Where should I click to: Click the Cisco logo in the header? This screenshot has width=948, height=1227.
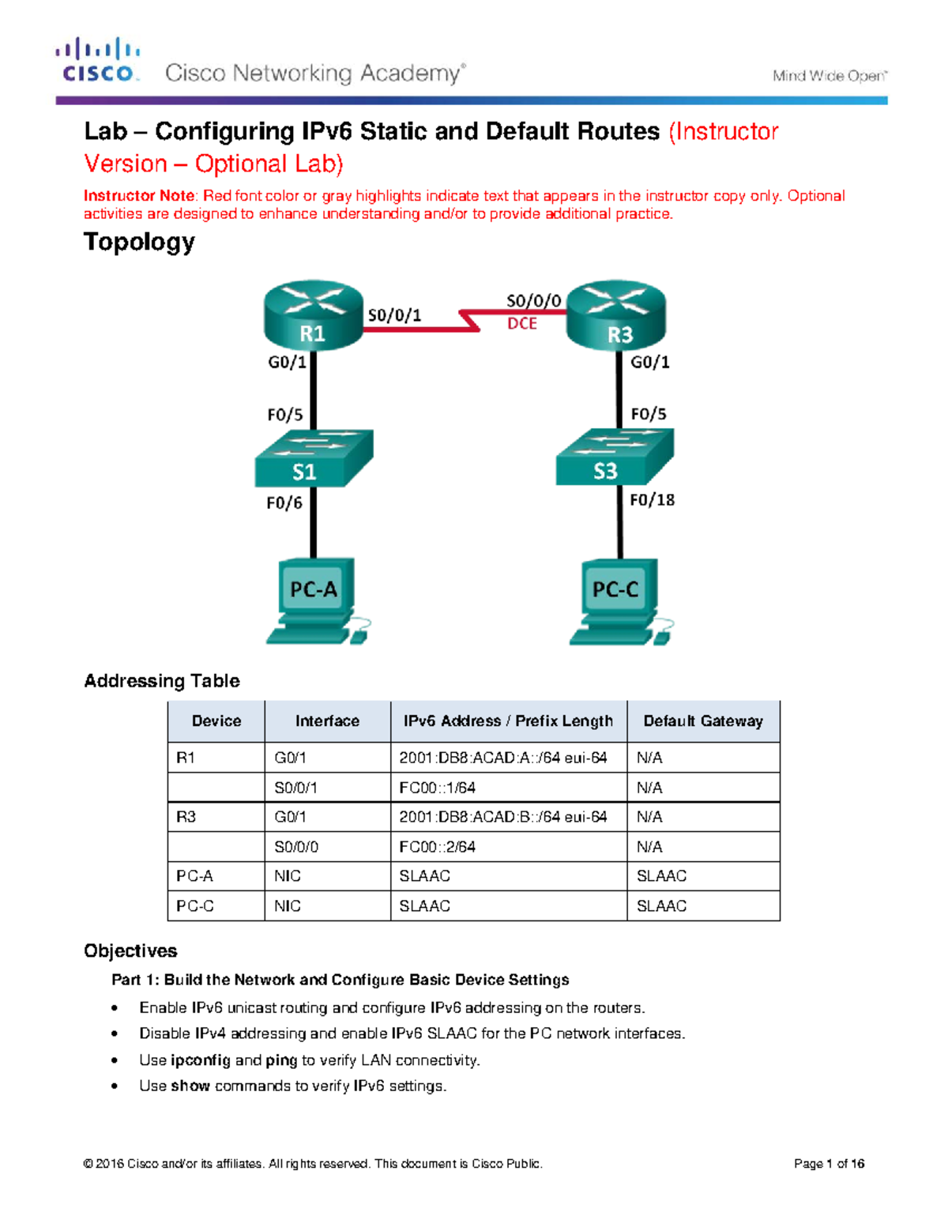point(98,60)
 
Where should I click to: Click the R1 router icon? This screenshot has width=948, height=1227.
point(313,314)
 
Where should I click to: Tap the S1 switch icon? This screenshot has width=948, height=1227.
point(313,459)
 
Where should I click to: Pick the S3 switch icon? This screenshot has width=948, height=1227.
point(615,457)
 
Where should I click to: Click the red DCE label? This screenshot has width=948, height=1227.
point(522,323)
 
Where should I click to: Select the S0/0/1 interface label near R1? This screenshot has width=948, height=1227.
point(394,315)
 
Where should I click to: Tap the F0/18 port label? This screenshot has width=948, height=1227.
point(652,499)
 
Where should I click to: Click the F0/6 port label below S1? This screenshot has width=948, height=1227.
point(284,502)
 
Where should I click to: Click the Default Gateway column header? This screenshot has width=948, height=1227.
point(703,721)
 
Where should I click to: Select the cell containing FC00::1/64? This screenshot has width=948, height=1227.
point(437,788)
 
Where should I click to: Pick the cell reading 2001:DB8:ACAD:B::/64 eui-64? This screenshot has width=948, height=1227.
point(502,817)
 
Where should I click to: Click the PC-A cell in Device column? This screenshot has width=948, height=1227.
point(194,876)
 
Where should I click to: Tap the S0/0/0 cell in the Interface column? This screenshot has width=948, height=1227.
point(296,847)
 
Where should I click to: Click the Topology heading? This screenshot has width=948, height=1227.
point(139,242)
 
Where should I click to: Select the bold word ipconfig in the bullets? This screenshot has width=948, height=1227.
point(201,1060)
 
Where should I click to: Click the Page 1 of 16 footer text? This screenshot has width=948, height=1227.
point(829,1164)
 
